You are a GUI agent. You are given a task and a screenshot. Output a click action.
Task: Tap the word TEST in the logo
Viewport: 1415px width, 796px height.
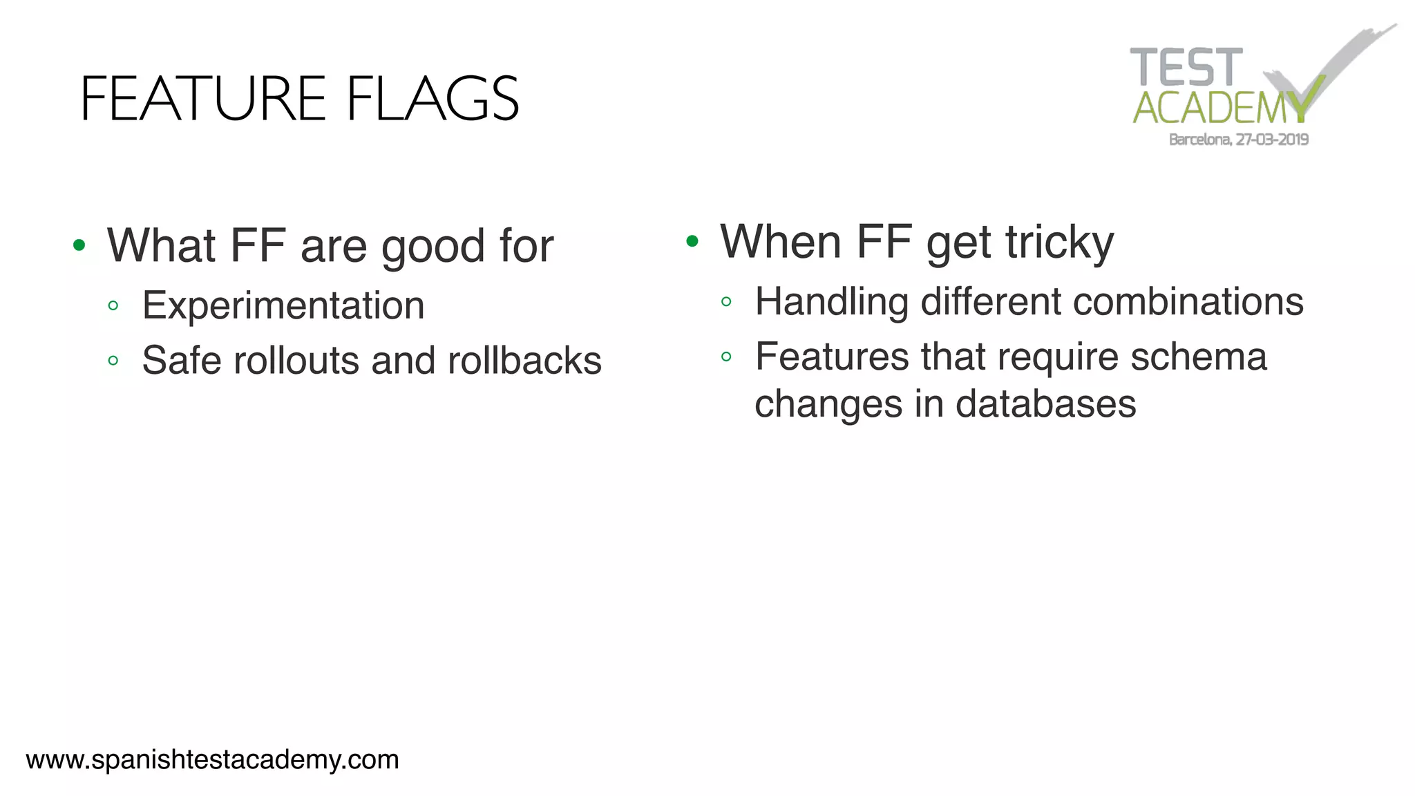point(1186,68)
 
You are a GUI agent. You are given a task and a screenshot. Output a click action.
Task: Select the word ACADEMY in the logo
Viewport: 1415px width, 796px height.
point(1219,108)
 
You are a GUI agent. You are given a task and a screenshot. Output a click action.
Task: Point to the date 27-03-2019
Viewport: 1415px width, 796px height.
point(1272,140)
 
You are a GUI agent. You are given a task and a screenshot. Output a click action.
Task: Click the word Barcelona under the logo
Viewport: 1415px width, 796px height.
point(1199,140)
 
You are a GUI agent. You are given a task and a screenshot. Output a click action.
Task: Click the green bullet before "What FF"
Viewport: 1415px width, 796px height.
point(79,245)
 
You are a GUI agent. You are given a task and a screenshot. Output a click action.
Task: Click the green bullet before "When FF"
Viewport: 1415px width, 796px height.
point(692,241)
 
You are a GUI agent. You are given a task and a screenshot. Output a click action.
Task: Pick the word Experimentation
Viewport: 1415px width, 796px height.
point(283,305)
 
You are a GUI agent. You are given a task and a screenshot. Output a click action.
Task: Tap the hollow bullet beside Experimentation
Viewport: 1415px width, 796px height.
point(113,305)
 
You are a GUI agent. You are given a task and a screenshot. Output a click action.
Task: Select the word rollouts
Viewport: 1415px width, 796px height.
point(296,361)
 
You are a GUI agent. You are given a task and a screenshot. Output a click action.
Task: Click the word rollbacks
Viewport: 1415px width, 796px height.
point(524,361)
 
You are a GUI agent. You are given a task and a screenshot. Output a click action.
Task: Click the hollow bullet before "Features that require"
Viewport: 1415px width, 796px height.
point(726,357)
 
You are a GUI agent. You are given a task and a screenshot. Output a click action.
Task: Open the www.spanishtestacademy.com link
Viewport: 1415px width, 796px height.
point(212,759)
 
